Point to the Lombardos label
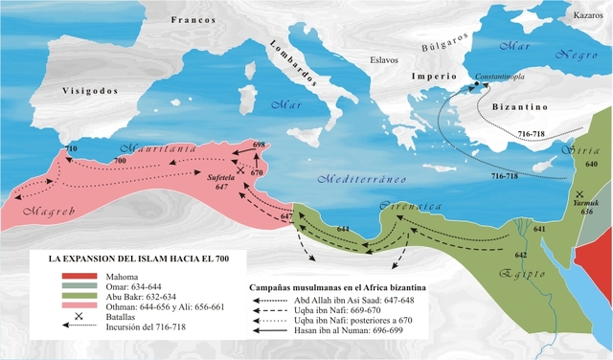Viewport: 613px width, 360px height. click(x=291, y=63)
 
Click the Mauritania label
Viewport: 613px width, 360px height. click(x=158, y=150)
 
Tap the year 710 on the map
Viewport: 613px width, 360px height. click(x=68, y=150)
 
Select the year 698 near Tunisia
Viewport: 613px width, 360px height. click(x=259, y=144)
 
